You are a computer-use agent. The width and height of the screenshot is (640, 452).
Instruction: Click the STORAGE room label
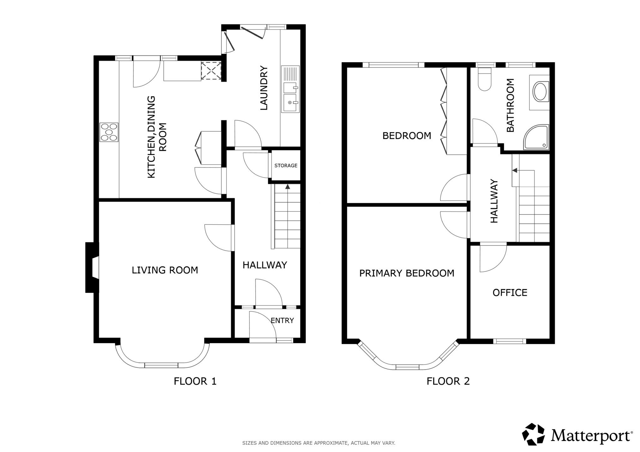click(286, 165)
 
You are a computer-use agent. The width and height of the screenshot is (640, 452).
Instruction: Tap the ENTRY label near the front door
click(282, 320)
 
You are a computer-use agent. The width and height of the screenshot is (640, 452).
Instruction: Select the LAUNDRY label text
click(264, 88)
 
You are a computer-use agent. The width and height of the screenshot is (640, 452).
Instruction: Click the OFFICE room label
click(510, 293)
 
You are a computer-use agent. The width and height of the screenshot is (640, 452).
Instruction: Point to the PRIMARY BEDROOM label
click(407, 273)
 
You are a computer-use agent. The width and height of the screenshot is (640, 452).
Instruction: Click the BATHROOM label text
click(510, 105)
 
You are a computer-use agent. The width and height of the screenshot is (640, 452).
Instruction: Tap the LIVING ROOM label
click(165, 270)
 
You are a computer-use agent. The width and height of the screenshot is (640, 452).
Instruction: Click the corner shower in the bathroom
click(536, 137)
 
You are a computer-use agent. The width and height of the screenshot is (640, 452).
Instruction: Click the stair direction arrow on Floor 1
click(287, 187)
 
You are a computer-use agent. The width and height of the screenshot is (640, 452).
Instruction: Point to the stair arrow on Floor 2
click(515, 170)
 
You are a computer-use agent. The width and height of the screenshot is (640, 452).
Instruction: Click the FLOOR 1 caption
click(195, 381)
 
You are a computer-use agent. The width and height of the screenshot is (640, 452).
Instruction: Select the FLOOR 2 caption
click(448, 381)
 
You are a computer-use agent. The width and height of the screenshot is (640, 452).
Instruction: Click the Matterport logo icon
click(533, 434)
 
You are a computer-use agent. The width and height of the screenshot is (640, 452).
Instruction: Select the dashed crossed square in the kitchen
click(211, 70)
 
